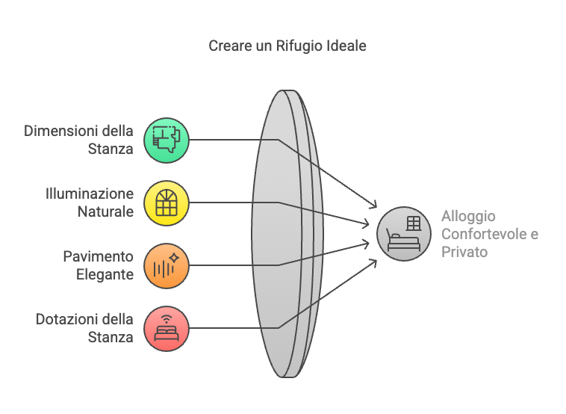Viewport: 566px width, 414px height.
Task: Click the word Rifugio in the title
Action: pos(299,46)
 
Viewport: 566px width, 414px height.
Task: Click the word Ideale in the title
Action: pos(346,46)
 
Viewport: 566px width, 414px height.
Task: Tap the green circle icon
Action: pos(167,140)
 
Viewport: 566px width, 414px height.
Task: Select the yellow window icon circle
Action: pos(167,203)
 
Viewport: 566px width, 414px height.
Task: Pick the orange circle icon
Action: pos(167,266)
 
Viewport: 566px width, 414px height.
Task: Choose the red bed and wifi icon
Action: pos(167,329)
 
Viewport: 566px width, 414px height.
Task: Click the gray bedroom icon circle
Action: pos(404,234)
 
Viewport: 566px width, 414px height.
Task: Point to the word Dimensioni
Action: pos(60,131)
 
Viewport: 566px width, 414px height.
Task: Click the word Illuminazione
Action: pos(90,194)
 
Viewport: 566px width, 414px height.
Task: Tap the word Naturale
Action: pos(105,211)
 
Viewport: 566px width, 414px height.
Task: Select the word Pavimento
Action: pos(98,256)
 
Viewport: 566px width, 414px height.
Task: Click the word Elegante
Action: pos(105,274)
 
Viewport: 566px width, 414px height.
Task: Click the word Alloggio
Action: pos(468,217)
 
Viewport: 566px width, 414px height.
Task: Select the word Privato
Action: pos(464,252)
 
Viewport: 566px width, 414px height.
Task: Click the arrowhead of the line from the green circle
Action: pos(373,206)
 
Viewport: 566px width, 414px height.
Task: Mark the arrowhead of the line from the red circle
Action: pos(373,262)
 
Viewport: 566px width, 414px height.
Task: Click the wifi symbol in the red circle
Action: pos(167,319)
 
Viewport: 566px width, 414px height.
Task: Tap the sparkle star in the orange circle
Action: pos(174,258)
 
